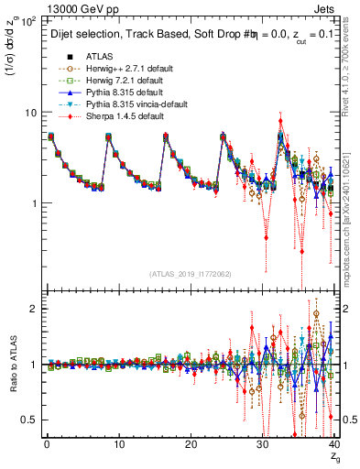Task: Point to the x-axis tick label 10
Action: point(118,444)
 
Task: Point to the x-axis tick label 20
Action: point(190,444)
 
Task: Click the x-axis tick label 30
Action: point(262,444)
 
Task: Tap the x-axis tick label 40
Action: point(333,444)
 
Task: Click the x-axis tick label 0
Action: point(47,444)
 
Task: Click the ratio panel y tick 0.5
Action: point(32,420)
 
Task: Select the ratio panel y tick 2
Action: point(36,309)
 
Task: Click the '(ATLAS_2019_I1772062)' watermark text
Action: point(190,274)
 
